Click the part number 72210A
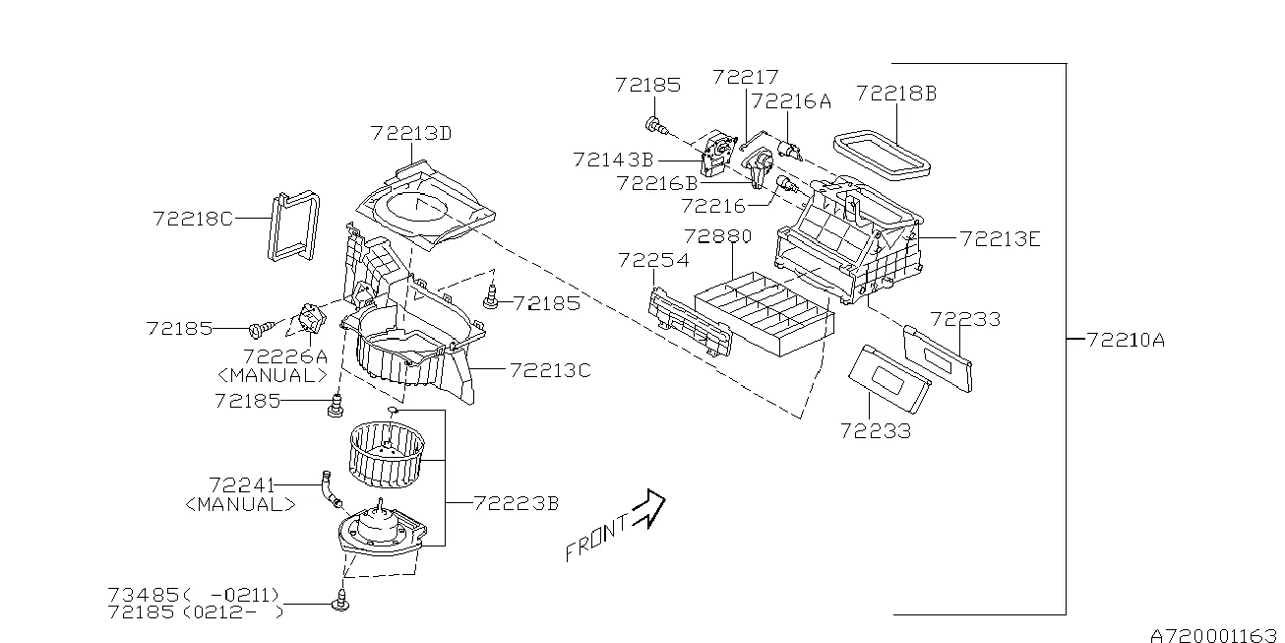pos(1127,340)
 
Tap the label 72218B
pos(895,94)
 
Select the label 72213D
pos(411,133)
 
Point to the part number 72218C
pos(193,219)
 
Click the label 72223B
pos(516,503)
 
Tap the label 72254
pos(653,260)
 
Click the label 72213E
pos(1000,237)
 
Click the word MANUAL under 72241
pos(239,503)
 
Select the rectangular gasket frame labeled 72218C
pos(291,226)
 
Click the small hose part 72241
pos(328,489)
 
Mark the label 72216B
pos(656,183)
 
